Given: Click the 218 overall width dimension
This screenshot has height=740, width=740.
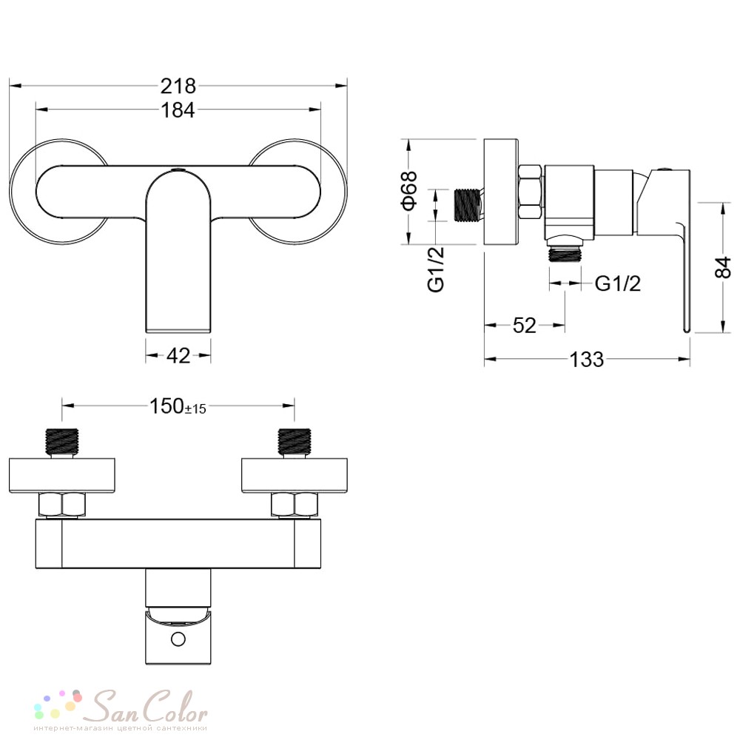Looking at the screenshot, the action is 178,87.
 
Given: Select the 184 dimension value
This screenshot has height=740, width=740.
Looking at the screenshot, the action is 178,110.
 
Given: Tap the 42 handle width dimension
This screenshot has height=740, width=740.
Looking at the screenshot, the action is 178,356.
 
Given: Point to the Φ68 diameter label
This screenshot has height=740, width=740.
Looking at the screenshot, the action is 408,190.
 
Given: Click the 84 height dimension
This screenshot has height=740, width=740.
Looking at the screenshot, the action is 722,268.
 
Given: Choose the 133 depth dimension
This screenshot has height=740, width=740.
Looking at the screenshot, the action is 587,360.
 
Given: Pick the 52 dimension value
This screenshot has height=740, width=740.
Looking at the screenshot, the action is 525,326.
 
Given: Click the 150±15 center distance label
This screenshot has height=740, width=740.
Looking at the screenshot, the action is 178,406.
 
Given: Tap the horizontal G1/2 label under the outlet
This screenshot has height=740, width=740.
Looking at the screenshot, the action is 618,283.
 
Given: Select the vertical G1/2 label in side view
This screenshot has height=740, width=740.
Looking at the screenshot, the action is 436,269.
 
